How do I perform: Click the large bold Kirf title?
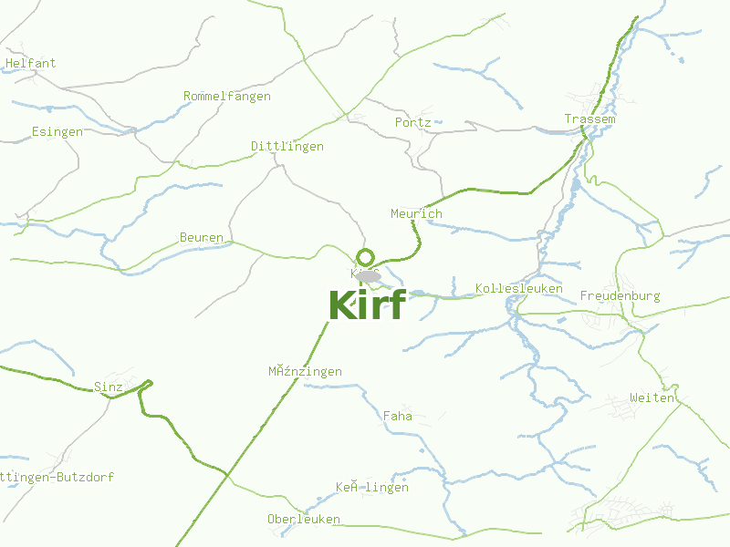(x=366, y=305)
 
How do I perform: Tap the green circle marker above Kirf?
(x=366, y=257)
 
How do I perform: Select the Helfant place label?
(x=30, y=64)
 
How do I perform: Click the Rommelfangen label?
(x=227, y=97)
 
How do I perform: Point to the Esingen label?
(x=57, y=131)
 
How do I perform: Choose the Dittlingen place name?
(x=287, y=146)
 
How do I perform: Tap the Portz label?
(x=413, y=122)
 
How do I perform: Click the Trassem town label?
(x=589, y=119)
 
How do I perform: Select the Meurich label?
(x=416, y=213)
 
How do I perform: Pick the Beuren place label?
(x=202, y=238)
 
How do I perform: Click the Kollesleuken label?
(x=519, y=289)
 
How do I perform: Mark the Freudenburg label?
(x=620, y=296)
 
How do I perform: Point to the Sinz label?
(x=109, y=387)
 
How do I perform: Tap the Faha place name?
(x=398, y=417)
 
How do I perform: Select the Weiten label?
(x=652, y=398)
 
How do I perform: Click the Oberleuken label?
(x=304, y=520)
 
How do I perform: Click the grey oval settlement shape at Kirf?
(x=369, y=275)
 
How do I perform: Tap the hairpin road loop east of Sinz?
(x=148, y=384)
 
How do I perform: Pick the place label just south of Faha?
(x=372, y=488)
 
